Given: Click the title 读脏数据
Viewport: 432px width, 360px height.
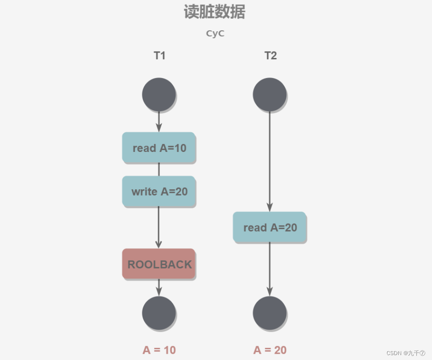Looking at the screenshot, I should coord(214,12).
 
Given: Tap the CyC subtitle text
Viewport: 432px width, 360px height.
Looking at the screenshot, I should coord(215,34).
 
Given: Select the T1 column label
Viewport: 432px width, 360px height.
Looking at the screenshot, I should coord(159,56).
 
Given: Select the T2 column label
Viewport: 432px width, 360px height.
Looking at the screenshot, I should coord(270,56).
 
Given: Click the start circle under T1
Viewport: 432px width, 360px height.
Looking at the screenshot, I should coord(159,94).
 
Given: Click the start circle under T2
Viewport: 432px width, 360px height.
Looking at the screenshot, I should coord(269,94).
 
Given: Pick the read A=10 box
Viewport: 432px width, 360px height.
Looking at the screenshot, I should coord(159,148).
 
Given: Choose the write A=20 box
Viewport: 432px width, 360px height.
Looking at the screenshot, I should coord(159,192).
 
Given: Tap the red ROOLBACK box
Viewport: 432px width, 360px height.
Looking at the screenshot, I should coord(159,264).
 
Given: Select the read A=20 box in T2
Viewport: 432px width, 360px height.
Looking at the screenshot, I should coord(270,228).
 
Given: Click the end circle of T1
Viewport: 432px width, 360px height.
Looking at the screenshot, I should coord(159,313).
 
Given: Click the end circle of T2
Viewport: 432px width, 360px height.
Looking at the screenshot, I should coord(269,313).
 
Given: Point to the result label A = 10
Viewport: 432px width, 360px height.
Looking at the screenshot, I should coord(159,350).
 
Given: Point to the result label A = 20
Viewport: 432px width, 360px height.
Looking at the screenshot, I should coord(270,350).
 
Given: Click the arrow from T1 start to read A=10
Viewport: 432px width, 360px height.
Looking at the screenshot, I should coord(159,121).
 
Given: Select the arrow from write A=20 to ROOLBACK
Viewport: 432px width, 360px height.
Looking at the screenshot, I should coord(159,227).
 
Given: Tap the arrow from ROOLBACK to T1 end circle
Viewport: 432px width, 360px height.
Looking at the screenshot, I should coord(159,287).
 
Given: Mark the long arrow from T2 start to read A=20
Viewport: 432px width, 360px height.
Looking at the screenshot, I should coord(269,160).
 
